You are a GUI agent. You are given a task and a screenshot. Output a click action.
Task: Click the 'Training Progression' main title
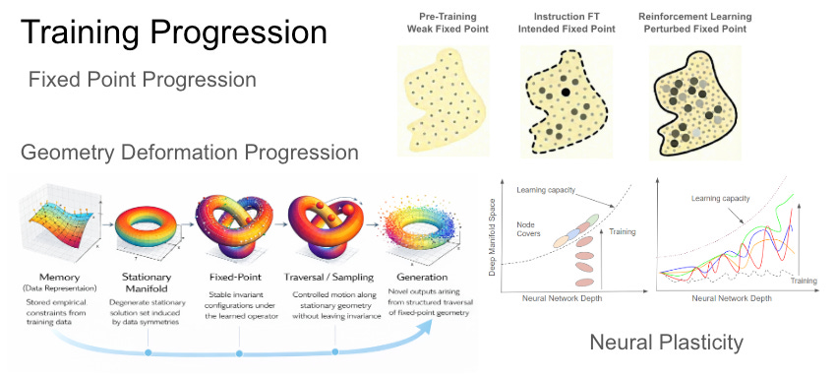coord(174,32)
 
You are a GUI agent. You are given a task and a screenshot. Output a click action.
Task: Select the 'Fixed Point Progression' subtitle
coord(143,80)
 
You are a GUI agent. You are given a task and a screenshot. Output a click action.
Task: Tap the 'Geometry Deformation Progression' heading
coord(189,153)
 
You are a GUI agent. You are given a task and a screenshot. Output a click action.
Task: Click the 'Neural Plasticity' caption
coord(666,343)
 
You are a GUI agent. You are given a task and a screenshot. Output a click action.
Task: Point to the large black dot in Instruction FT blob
coord(566,93)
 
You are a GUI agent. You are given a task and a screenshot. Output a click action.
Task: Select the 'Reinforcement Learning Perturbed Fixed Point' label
coord(694,23)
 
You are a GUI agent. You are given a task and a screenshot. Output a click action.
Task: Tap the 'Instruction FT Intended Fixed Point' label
coord(567,23)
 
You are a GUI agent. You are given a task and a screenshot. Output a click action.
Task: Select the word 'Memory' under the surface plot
coord(60,278)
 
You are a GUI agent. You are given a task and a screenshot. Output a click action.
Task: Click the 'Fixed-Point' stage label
coord(235,278)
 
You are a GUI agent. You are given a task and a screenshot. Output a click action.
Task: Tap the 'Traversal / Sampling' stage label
coord(333,278)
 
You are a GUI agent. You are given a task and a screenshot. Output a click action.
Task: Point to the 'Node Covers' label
coord(529,228)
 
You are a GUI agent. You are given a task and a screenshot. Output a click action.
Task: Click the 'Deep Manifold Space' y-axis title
coord(493,232)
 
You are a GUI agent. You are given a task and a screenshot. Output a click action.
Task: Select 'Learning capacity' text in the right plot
coord(720,199)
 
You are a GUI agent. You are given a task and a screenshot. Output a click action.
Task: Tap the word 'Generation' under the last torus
coord(422,278)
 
